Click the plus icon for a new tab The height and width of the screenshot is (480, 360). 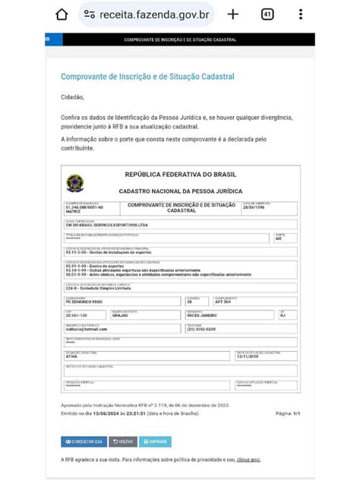coord(233,14)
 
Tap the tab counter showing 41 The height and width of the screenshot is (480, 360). coord(267,14)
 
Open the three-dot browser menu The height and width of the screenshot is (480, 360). coord(302,14)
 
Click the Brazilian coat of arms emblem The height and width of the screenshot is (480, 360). coord(75,183)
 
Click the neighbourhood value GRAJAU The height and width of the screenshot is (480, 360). coord(122,315)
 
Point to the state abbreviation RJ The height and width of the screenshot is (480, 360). coord(282,315)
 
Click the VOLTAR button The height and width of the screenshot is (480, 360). coord(123,441)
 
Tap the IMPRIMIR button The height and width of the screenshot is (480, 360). coord(155,441)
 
